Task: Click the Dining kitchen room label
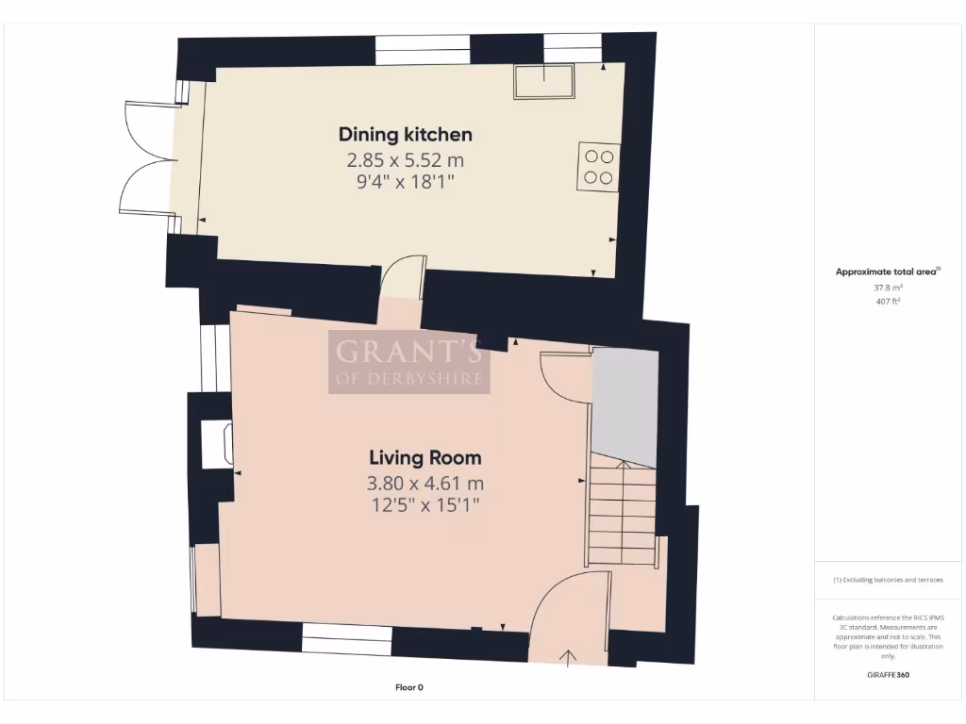tap(406, 134)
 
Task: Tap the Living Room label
tap(425, 458)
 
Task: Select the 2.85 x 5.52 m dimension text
tap(406, 160)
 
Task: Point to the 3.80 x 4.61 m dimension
tap(425, 484)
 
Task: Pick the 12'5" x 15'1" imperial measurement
tap(425, 505)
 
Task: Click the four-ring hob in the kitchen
tap(598, 167)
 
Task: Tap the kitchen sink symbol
tap(544, 81)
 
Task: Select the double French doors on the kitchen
tap(146, 156)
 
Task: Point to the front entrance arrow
tap(569, 656)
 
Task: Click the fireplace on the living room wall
tap(218, 445)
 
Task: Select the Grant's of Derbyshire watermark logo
tap(409, 362)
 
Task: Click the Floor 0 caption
tap(408, 687)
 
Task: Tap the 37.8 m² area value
tap(887, 288)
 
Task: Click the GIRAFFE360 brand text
tap(887, 675)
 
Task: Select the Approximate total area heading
tap(888, 271)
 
